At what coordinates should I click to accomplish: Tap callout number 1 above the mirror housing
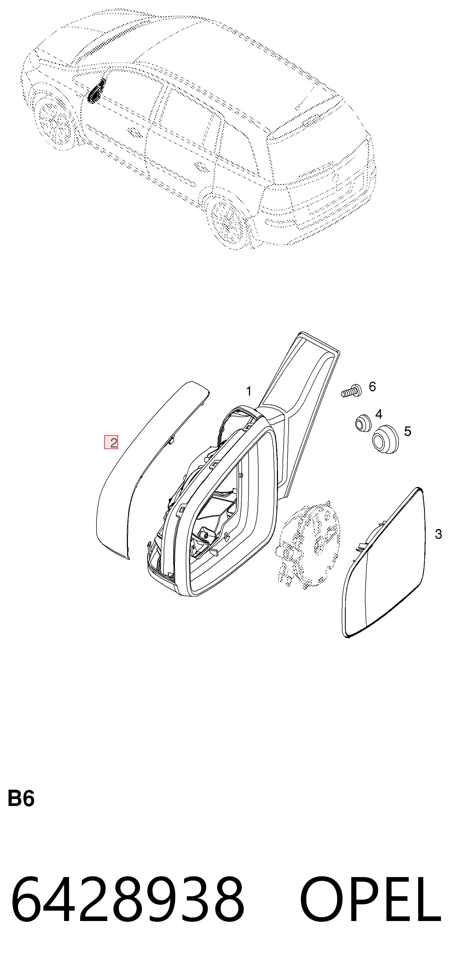click(x=249, y=391)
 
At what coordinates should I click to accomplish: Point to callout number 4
click(x=379, y=414)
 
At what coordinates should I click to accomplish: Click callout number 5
click(x=408, y=431)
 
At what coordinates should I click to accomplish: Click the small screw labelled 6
click(x=352, y=391)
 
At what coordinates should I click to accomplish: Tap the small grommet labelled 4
click(x=363, y=423)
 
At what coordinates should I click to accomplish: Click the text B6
click(x=21, y=798)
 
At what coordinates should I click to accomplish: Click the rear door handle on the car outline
click(x=199, y=166)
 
